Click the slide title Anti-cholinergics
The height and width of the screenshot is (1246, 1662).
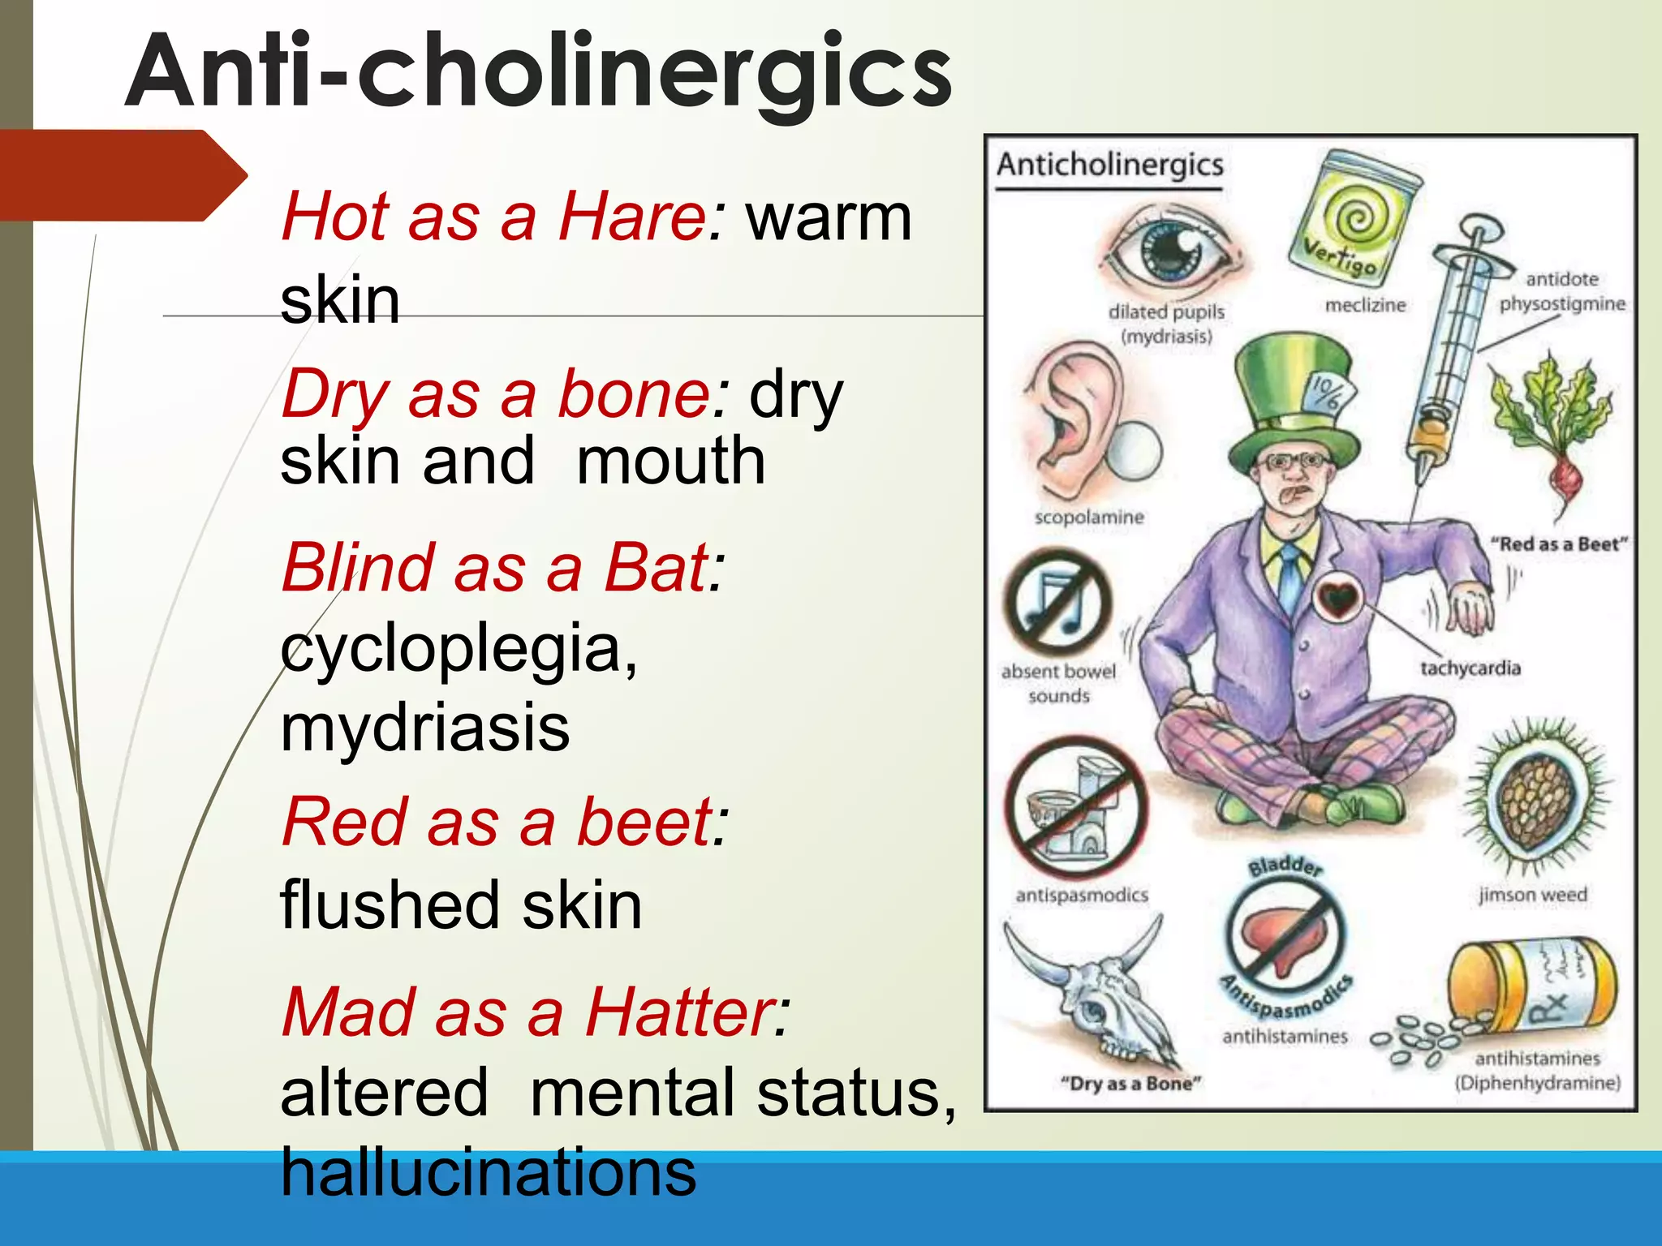click(x=538, y=73)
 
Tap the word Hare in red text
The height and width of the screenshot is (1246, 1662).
click(x=633, y=217)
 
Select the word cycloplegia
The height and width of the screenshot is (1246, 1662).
click(x=459, y=649)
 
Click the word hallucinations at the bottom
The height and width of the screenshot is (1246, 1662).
click(x=488, y=1172)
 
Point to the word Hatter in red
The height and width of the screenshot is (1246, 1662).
click(x=687, y=1012)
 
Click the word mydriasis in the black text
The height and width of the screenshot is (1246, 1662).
click(x=424, y=727)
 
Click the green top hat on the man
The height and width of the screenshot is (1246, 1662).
click(x=1294, y=406)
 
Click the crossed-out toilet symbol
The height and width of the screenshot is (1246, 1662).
click(x=1075, y=807)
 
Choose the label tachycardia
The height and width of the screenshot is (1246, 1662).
click(x=1470, y=668)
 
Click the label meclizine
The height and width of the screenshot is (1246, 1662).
click(x=1365, y=305)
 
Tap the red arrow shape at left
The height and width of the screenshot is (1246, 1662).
click(x=122, y=175)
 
